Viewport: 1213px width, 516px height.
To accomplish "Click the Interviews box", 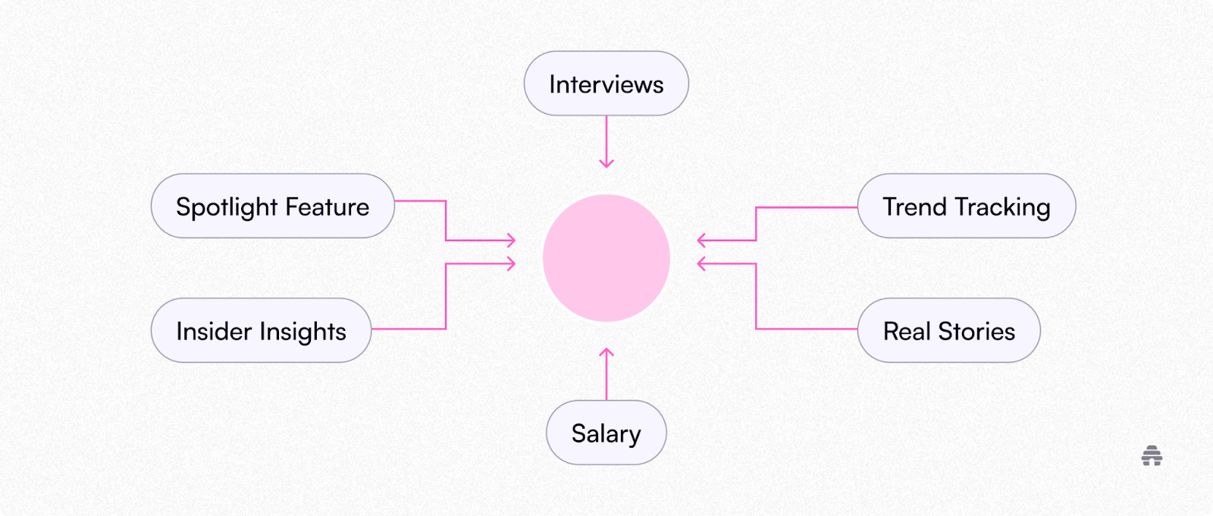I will (606, 83).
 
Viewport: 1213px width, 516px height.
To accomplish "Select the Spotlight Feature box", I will (272, 206).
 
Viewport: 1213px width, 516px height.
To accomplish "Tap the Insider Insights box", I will (261, 331).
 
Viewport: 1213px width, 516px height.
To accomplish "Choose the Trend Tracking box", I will (966, 206).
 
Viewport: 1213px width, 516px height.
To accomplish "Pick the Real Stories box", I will (948, 331).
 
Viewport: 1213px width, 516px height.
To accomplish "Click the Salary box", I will (606, 433).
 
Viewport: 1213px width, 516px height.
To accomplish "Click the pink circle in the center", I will (606, 258).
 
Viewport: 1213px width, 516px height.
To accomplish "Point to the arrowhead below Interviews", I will (606, 163).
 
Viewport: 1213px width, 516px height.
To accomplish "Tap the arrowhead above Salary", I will (606, 352).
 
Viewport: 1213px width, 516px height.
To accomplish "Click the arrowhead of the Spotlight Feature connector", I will (512, 241).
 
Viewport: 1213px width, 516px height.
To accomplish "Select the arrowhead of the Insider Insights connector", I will (512, 264).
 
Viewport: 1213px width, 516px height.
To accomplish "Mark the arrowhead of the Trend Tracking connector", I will (701, 241).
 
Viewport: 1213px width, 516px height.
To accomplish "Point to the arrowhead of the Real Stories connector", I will (701, 264).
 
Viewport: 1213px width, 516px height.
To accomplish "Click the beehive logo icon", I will (1152, 456).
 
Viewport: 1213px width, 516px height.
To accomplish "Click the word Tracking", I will (1002, 207).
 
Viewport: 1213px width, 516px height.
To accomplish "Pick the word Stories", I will (976, 331).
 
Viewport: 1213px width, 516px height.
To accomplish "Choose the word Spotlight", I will (227, 207).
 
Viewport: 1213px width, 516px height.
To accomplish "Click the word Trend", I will (915, 206).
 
